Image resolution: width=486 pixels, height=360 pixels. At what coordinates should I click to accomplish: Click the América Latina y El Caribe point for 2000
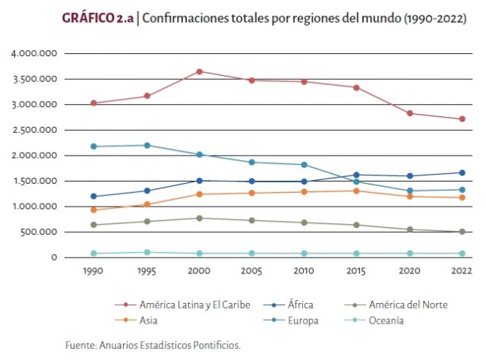(x=200, y=71)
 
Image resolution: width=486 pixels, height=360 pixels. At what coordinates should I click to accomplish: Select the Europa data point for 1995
(x=147, y=145)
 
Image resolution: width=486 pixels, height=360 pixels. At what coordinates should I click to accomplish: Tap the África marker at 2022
(x=462, y=172)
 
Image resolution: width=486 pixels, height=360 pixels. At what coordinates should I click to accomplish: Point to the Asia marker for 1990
(x=93, y=210)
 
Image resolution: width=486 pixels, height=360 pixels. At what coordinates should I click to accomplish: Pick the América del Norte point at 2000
(x=200, y=218)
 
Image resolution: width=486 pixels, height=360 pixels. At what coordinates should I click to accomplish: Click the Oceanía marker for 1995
(x=147, y=252)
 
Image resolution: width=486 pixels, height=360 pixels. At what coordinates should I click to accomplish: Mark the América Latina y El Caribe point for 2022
(x=462, y=119)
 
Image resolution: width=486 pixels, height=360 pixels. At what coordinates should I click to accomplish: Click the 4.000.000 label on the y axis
(x=34, y=54)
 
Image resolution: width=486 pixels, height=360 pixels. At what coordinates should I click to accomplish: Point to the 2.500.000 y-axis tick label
(x=34, y=130)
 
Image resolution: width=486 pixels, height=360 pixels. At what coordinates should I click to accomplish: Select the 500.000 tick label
(x=39, y=232)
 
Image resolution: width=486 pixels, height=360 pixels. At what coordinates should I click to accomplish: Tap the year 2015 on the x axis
(x=356, y=270)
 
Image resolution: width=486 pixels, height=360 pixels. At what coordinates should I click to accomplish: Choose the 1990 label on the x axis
(x=93, y=270)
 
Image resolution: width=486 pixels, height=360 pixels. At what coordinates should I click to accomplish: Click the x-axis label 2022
(x=462, y=270)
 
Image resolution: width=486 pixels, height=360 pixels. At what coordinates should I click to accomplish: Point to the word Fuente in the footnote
(x=80, y=346)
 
